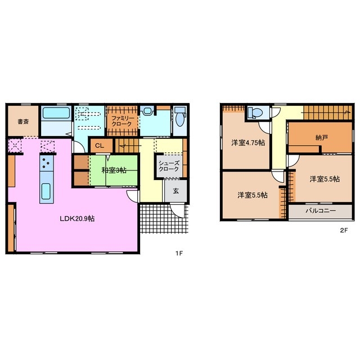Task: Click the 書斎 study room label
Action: [x=23, y=121]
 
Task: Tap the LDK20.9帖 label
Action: [x=77, y=219]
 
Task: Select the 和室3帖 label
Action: [x=114, y=170]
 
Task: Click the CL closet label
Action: [x=100, y=146]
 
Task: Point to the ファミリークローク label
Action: [x=123, y=121]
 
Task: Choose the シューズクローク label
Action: [x=169, y=166]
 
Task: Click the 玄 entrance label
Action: [x=176, y=191]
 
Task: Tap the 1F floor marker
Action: [x=179, y=254]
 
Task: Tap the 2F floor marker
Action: [x=344, y=230]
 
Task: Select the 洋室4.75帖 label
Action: [x=248, y=143]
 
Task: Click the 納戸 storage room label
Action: [x=321, y=138]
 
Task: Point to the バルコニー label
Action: [x=321, y=210]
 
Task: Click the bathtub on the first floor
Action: [x=56, y=114]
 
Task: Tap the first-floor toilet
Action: [x=179, y=117]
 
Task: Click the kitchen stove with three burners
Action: [x=47, y=163]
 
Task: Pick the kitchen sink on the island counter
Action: [x=46, y=191]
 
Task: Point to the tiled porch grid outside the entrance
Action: [x=164, y=218]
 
